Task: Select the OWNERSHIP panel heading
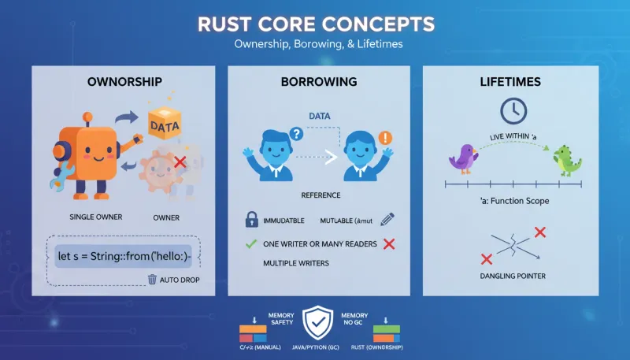pos(124,82)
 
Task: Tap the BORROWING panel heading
pos(318,82)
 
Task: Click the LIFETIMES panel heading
pos(514,82)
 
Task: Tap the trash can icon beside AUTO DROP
pos(153,279)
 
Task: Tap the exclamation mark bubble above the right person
pos(386,135)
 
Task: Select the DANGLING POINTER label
pos(513,276)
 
